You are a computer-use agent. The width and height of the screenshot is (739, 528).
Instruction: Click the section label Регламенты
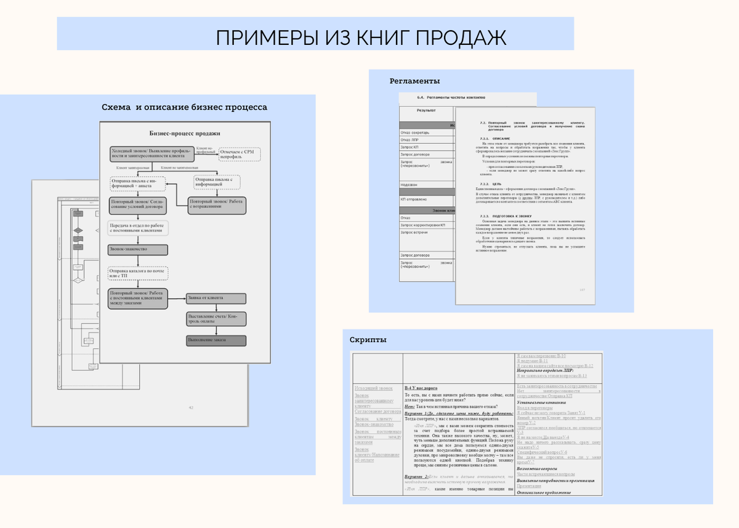click(x=414, y=81)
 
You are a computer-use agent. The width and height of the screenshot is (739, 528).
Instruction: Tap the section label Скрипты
click(x=368, y=340)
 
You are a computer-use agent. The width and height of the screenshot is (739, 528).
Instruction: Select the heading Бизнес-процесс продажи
click(x=185, y=133)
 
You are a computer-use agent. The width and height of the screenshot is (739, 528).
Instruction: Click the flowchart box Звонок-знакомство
click(x=138, y=250)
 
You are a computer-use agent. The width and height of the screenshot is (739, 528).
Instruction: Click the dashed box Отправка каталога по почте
click(x=138, y=273)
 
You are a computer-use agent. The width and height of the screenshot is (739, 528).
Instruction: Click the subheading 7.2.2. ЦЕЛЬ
click(x=493, y=184)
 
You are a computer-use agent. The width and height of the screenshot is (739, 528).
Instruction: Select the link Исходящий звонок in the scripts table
click(x=374, y=388)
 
